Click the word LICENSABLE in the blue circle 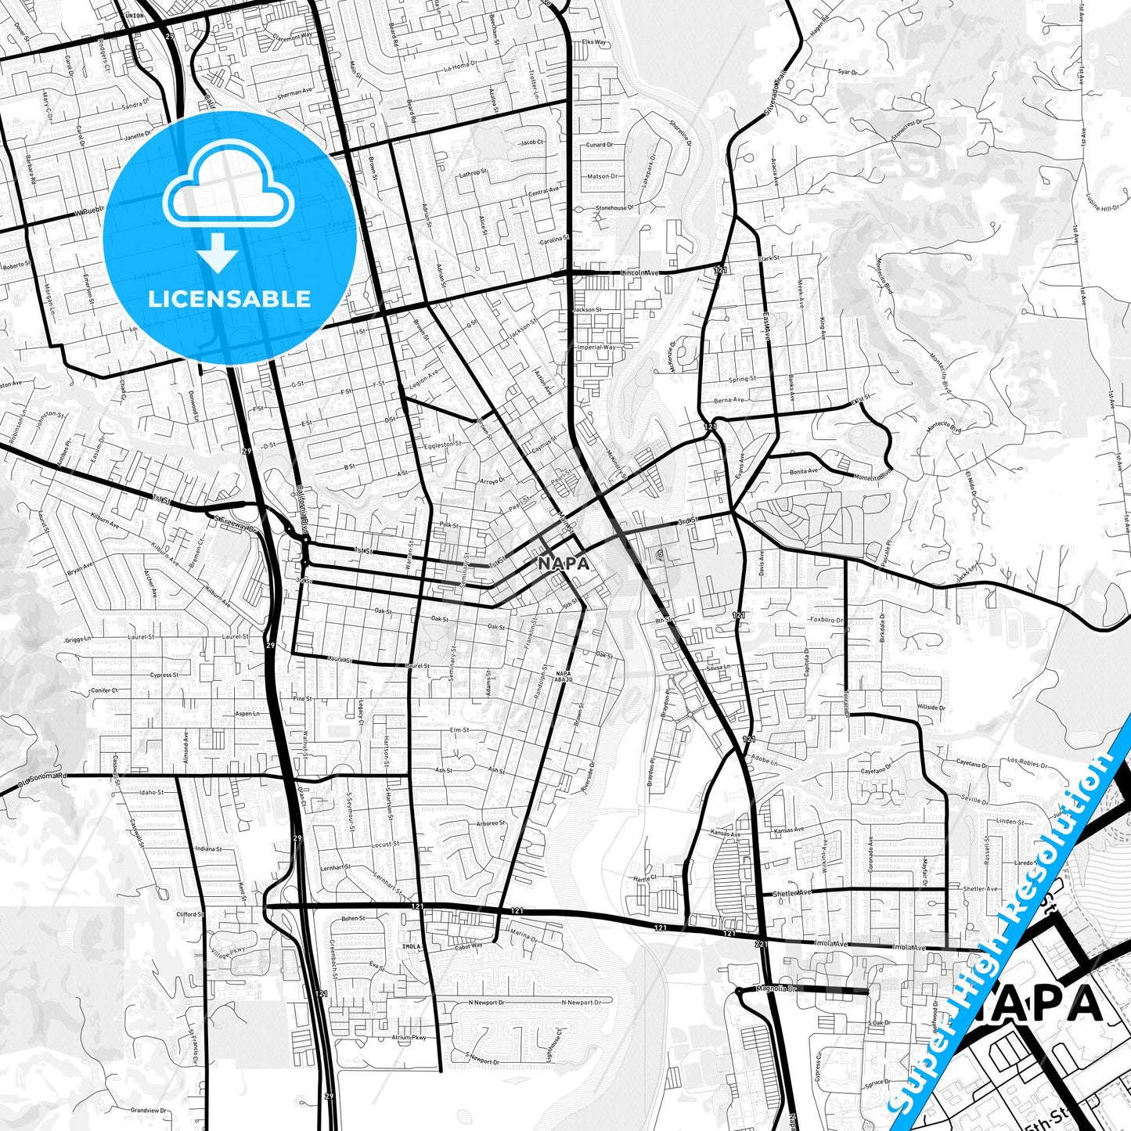tap(229, 299)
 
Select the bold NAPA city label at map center tap(563, 563)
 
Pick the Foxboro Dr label tap(827, 620)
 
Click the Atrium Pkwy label tap(409, 1038)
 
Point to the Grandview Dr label tap(148, 1110)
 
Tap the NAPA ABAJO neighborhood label tap(564, 676)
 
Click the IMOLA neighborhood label tap(411, 946)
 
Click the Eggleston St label tap(443, 445)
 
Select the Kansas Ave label tap(726, 833)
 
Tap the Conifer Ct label tap(104, 690)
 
